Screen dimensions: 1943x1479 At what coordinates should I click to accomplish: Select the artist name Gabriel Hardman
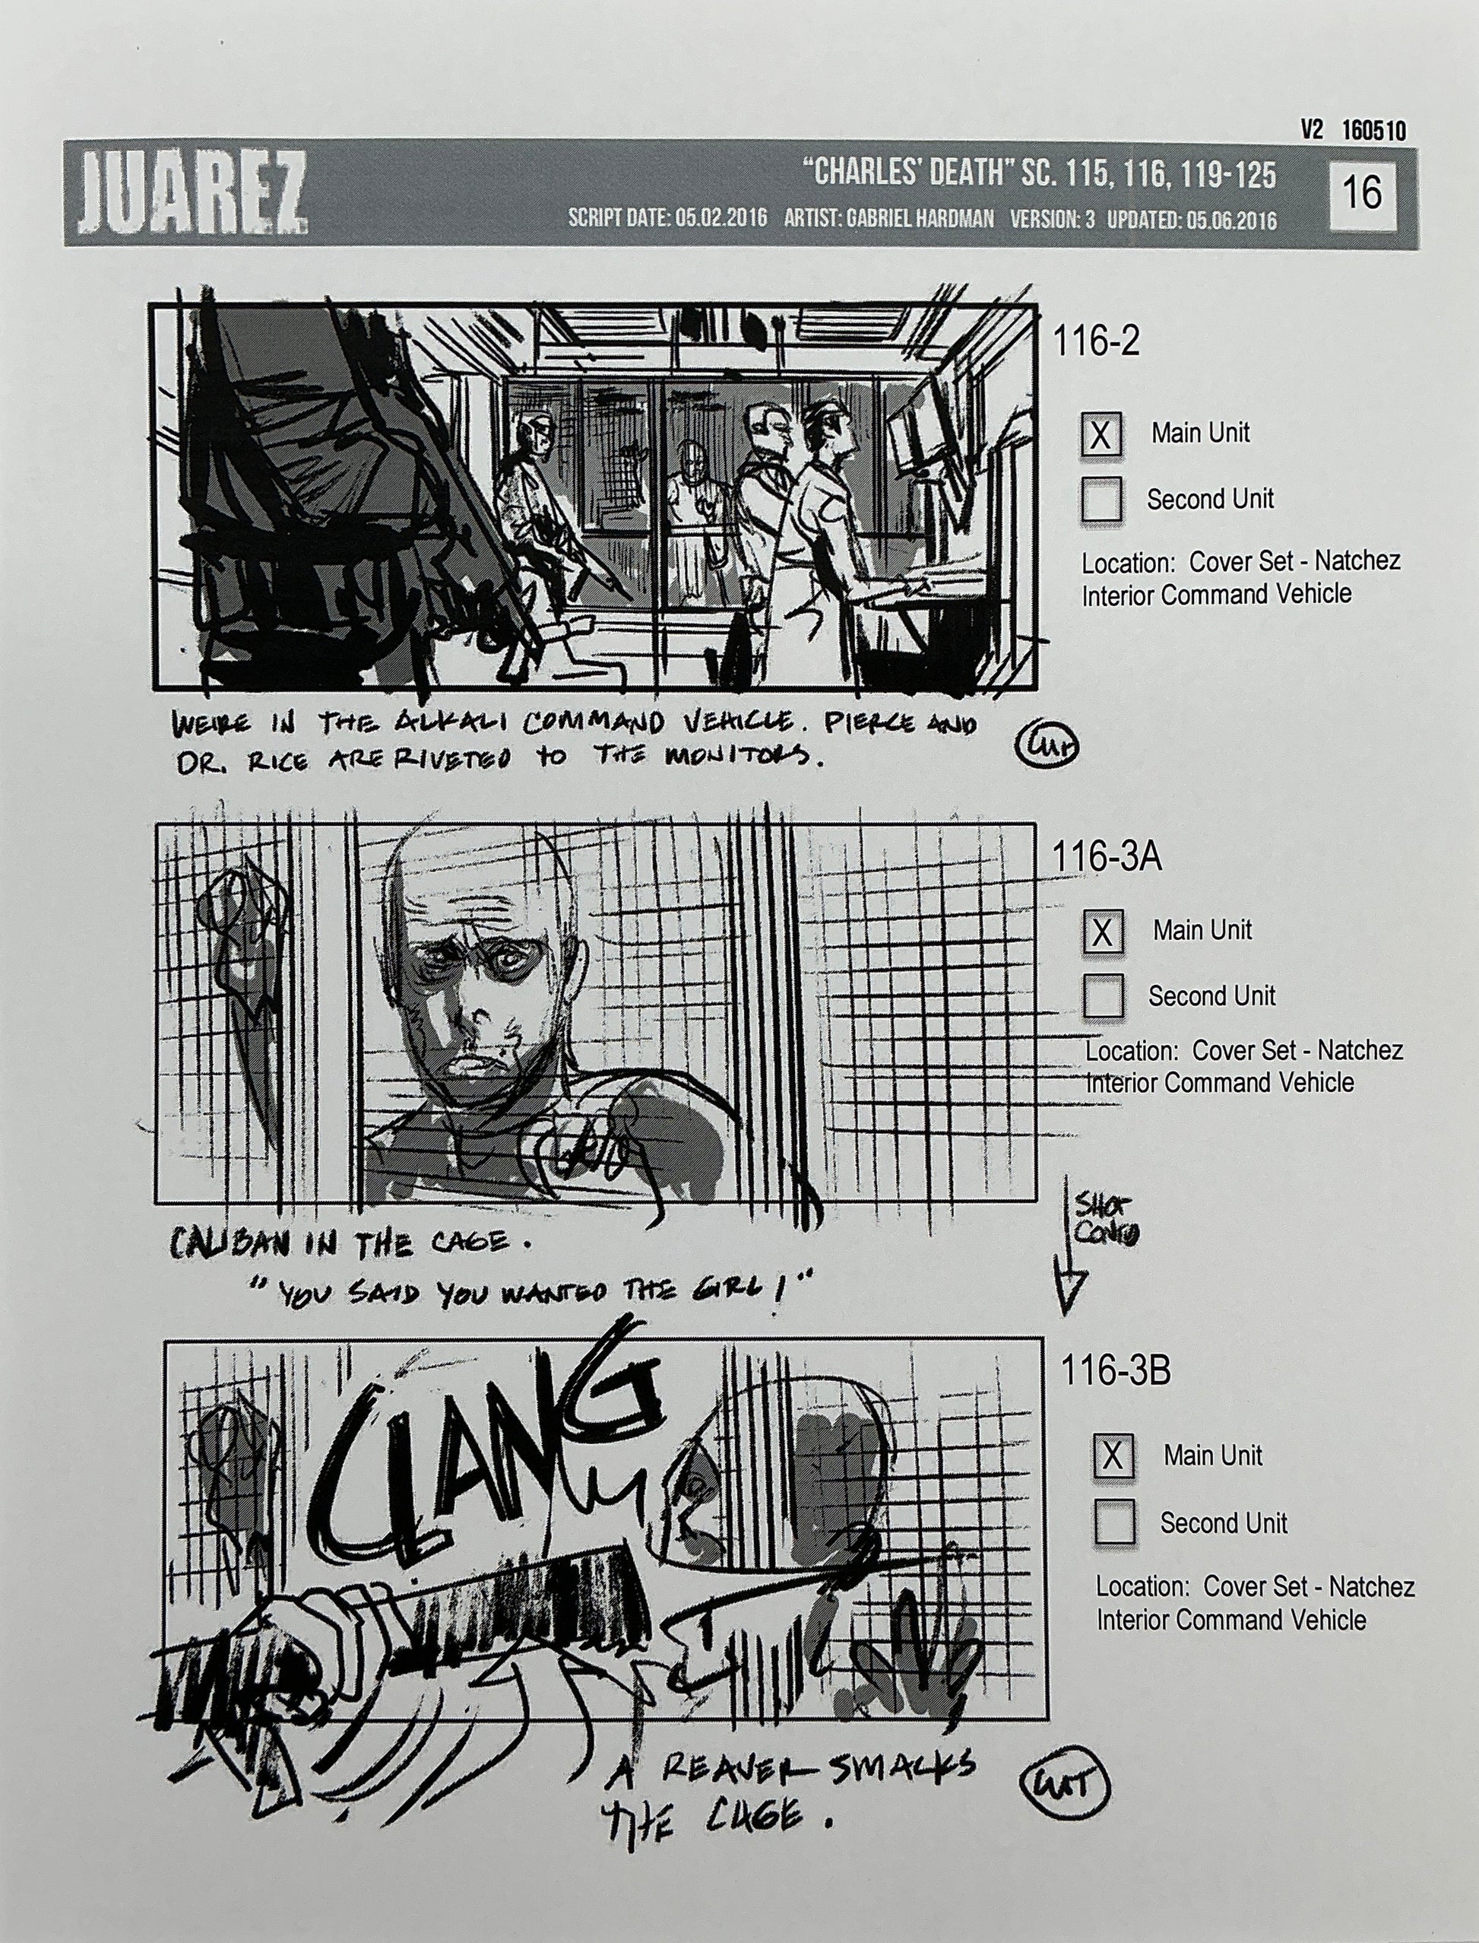[919, 218]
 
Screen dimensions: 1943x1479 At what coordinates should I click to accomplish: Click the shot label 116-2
[1097, 341]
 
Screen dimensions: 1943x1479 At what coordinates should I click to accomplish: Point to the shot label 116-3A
[1107, 856]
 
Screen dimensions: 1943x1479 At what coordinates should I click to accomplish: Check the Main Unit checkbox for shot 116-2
[1101, 435]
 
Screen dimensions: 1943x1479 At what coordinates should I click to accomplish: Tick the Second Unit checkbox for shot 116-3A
[1103, 996]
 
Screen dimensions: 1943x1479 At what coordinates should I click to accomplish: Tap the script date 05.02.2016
[721, 218]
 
